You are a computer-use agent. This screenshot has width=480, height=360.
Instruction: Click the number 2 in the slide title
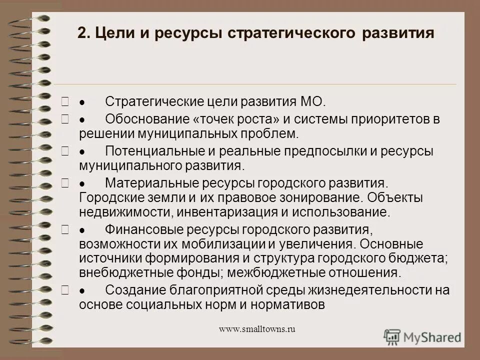(x=82, y=34)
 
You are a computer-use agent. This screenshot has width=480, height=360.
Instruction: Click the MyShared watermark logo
(x=422, y=336)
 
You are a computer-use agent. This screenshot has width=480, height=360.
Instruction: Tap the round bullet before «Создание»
(x=82, y=290)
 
